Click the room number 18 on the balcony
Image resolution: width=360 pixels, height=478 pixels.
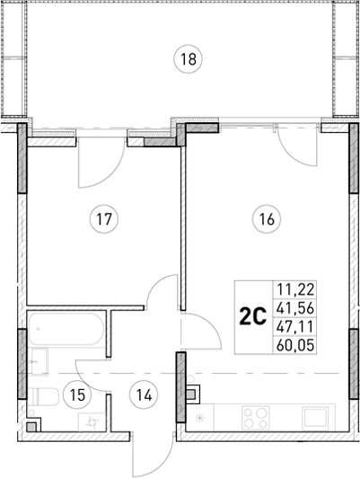coord(186,60)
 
